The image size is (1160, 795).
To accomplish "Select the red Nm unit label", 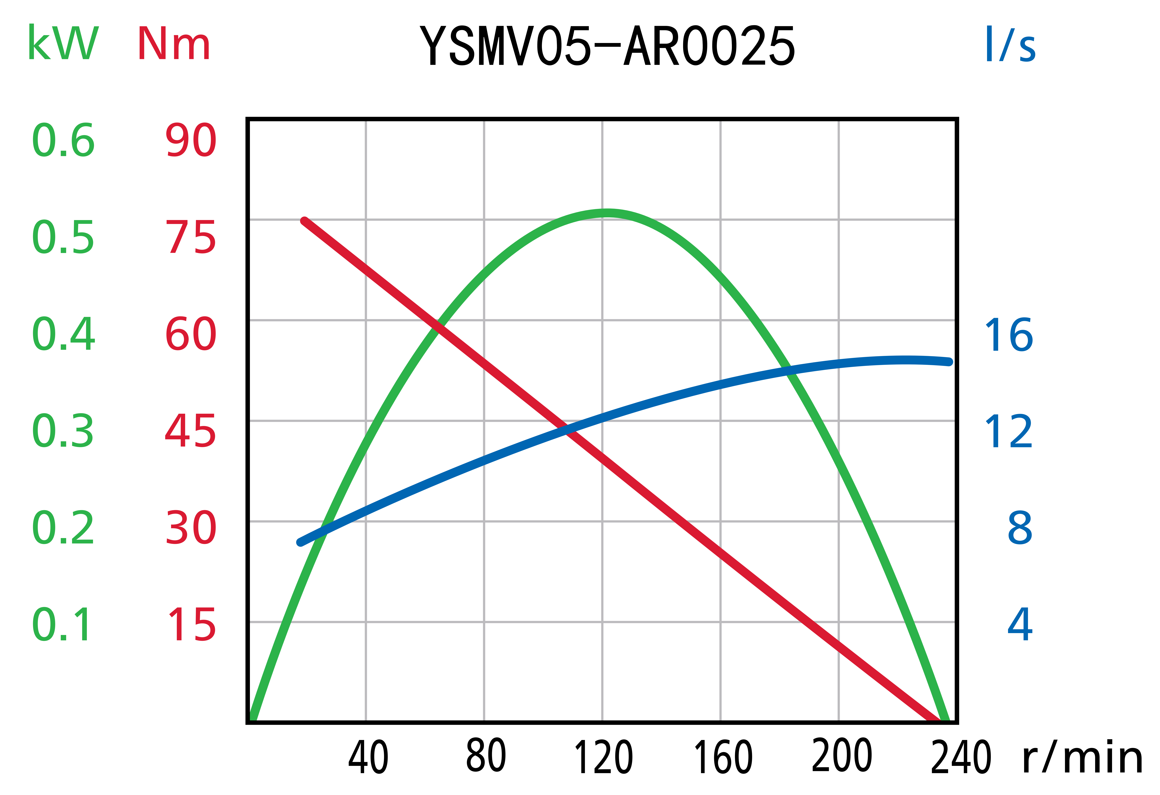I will pos(174,44).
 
